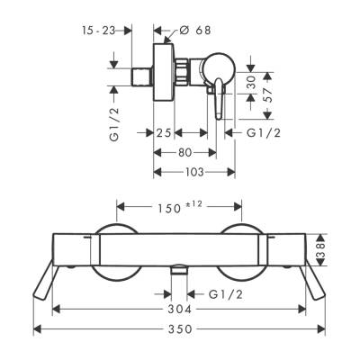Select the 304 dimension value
click(x=178, y=308)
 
